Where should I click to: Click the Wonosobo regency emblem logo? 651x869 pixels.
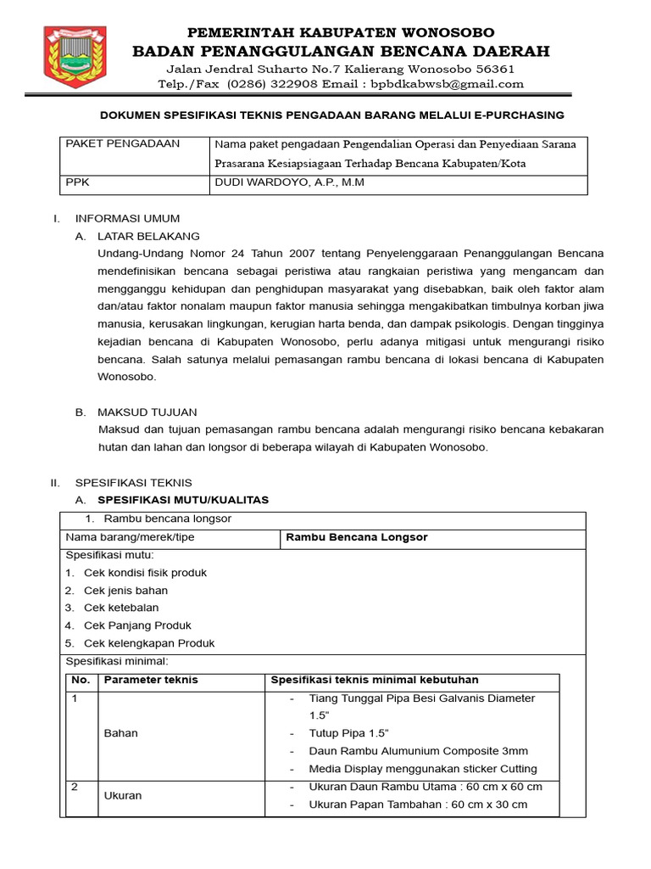click(75, 58)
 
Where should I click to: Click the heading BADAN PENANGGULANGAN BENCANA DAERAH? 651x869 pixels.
click(341, 51)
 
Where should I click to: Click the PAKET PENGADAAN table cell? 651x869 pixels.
click(124, 144)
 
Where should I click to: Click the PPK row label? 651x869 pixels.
click(77, 182)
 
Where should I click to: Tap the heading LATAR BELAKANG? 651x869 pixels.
click(148, 236)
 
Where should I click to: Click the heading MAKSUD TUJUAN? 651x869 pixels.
click(147, 412)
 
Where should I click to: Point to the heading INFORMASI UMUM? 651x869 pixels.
click(127, 219)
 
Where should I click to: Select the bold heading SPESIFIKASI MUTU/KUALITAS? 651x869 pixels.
click(183, 500)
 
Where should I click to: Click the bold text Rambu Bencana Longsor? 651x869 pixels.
click(357, 538)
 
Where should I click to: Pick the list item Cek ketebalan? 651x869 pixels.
click(120, 608)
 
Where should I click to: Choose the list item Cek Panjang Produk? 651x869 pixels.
click(137, 625)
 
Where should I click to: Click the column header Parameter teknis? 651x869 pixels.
click(151, 680)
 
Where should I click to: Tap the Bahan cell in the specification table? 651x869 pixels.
click(120, 733)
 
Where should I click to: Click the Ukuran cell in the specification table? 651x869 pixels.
click(123, 796)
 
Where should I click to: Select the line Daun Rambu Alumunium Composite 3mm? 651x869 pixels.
click(418, 751)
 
